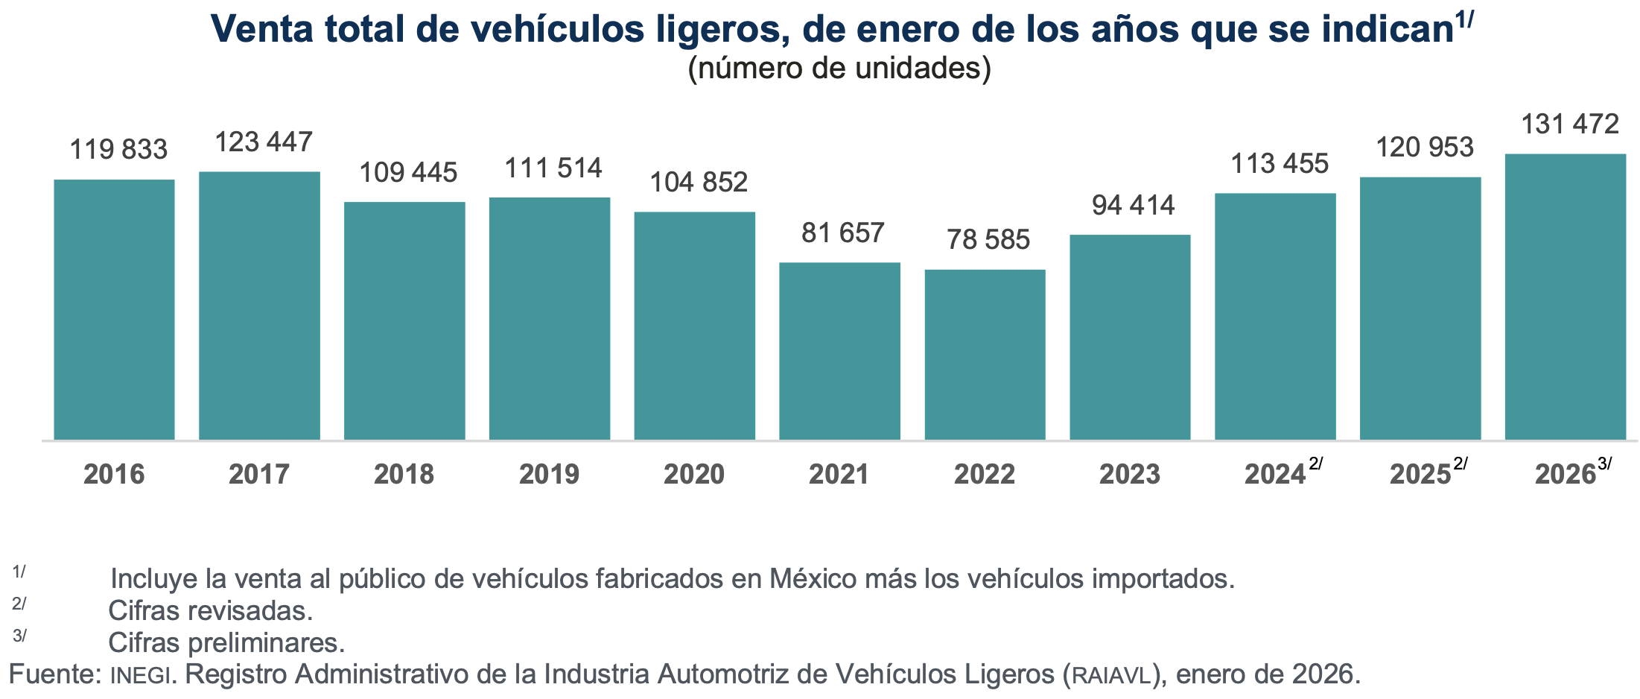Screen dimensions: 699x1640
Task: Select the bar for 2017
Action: tap(259, 306)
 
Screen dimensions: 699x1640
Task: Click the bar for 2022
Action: tap(985, 355)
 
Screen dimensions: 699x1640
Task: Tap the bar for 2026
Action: tap(1565, 297)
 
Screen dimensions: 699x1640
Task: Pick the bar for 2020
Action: tap(694, 326)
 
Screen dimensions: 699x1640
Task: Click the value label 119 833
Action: tap(118, 150)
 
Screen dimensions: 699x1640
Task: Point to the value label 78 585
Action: tap(988, 240)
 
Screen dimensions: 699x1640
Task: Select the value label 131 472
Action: tap(1569, 124)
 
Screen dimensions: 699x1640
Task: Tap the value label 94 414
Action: tap(1133, 206)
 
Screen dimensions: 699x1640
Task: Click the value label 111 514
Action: tap(553, 168)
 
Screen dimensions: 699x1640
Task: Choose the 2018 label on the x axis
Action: tap(404, 475)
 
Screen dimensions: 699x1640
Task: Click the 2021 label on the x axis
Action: tap(839, 475)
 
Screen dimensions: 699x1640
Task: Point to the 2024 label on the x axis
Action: tap(1275, 475)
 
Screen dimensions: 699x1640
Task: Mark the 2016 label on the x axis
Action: tap(114, 475)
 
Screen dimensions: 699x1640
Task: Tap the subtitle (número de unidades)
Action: tap(839, 69)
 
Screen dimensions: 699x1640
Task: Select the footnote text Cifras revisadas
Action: tap(210, 611)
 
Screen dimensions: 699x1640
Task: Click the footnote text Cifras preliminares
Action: tap(226, 643)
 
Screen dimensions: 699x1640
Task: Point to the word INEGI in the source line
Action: tap(141, 675)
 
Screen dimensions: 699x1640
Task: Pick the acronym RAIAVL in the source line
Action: tap(1110, 675)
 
